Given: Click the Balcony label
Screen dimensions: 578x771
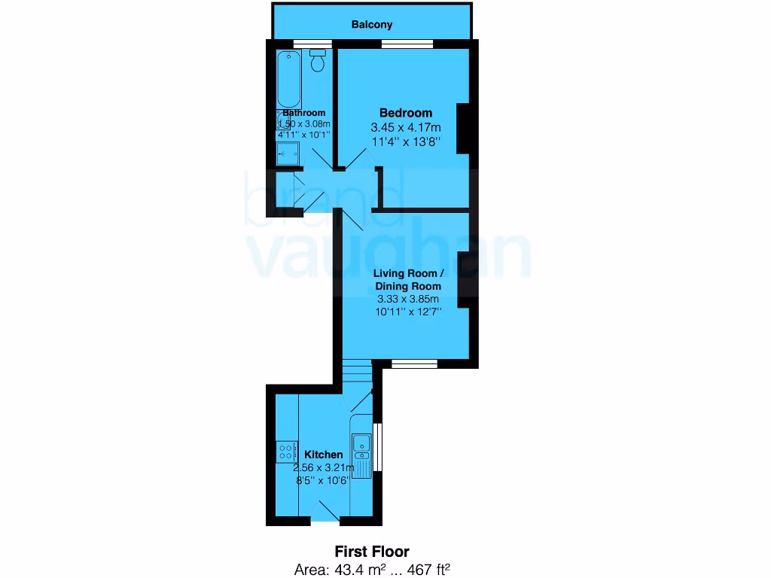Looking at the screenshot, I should click(372, 25).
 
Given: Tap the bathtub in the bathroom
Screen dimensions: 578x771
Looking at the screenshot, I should click(288, 81).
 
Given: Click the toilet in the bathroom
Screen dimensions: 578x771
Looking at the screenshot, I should click(318, 61).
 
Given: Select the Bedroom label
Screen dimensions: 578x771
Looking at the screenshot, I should click(406, 113).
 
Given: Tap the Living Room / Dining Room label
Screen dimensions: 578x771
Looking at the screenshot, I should click(407, 280).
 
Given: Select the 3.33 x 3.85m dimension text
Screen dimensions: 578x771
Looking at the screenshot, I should click(408, 299).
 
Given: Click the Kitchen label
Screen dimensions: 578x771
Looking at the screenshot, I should click(323, 455).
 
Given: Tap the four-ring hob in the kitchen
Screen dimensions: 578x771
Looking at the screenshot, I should click(287, 452).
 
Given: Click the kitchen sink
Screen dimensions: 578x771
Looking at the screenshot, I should click(361, 444).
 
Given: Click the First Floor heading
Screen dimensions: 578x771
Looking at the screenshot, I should click(372, 552).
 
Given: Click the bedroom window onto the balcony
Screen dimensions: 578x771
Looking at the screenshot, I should click(407, 44).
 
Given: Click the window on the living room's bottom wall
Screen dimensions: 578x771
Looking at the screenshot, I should click(415, 364).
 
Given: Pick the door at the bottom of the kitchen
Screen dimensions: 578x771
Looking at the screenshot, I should click(325, 515).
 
